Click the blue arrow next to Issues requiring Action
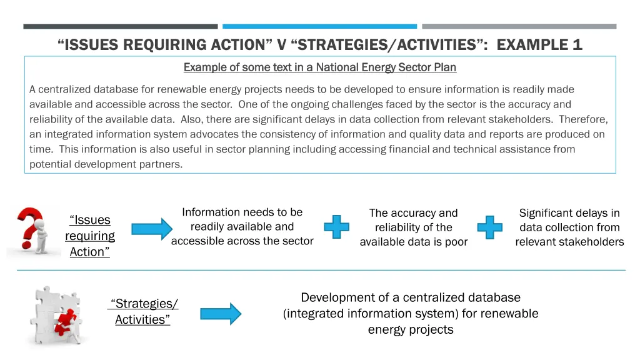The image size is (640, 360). (x=151, y=230)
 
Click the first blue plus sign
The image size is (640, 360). (x=336, y=227)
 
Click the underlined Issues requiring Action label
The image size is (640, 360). (x=90, y=236)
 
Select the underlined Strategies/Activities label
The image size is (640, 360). (x=142, y=311)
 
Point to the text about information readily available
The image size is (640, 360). (x=242, y=226)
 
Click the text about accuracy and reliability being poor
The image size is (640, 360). (x=413, y=227)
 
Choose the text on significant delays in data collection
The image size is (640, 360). (x=569, y=227)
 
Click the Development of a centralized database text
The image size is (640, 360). (x=410, y=313)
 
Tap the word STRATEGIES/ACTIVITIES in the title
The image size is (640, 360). (x=385, y=44)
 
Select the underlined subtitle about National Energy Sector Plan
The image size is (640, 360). (x=319, y=67)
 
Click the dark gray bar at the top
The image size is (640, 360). (x=121, y=26)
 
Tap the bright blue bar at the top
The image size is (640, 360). (x=319, y=26)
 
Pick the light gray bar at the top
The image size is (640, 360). (x=519, y=26)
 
